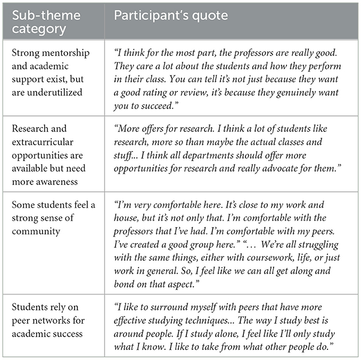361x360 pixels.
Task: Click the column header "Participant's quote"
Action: coord(170,15)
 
